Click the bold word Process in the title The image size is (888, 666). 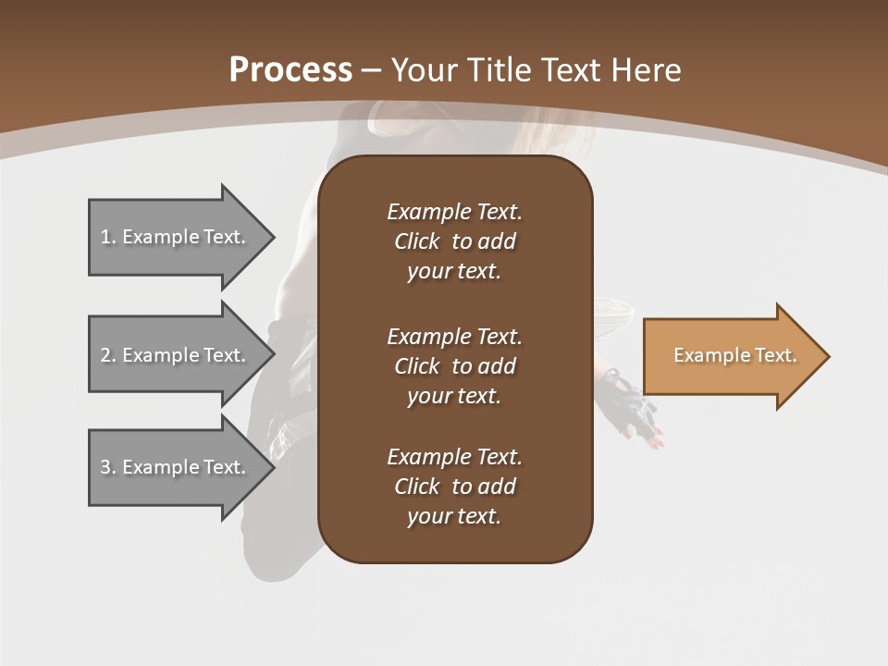pyautogui.click(x=290, y=70)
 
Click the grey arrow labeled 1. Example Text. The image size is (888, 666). pyautogui.click(x=182, y=238)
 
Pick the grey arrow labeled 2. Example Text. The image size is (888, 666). pyautogui.click(x=182, y=354)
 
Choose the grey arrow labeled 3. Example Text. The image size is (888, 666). pyautogui.click(x=182, y=467)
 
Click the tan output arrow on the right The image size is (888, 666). pyautogui.click(x=736, y=356)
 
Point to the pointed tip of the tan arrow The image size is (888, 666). pyautogui.click(x=830, y=356)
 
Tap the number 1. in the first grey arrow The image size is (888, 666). pyautogui.click(x=108, y=237)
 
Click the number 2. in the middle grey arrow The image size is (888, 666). pyautogui.click(x=108, y=355)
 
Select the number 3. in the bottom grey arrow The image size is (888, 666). pyautogui.click(x=108, y=467)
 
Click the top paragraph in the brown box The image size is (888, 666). pyautogui.click(x=455, y=241)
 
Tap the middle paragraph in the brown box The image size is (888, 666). pyautogui.click(x=455, y=366)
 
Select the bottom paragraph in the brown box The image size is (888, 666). pyautogui.click(x=455, y=487)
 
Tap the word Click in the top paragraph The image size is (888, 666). pyautogui.click(x=417, y=241)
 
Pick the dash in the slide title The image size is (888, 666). pyautogui.click(x=372, y=71)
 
